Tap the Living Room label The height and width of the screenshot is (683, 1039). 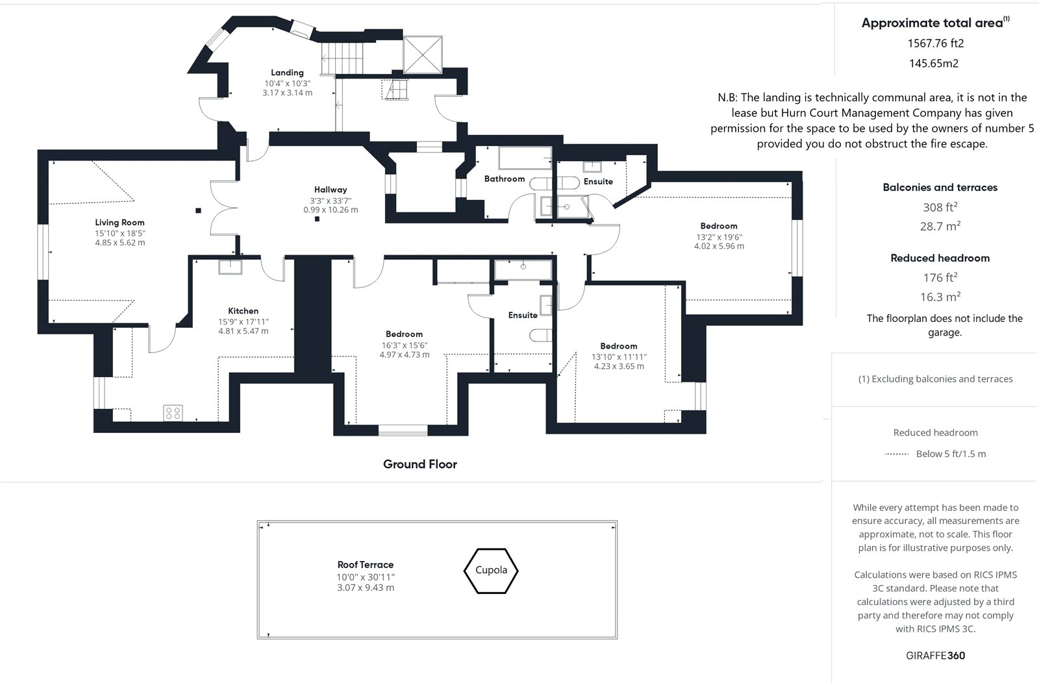click(x=119, y=223)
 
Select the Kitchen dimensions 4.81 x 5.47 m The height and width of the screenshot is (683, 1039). click(x=244, y=331)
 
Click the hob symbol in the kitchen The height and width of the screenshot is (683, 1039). click(x=173, y=413)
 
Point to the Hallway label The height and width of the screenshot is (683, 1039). click(x=331, y=190)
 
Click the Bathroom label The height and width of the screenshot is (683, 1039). click(x=505, y=179)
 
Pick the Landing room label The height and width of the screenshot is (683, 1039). click(x=287, y=73)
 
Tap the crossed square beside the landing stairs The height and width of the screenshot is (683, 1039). click(x=423, y=55)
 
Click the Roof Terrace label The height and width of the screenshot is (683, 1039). click(x=366, y=565)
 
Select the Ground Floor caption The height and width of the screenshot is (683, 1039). click(x=419, y=464)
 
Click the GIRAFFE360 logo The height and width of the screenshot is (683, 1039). click(x=935, y=656)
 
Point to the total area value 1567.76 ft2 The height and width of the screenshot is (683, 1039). click(x=936, y=43)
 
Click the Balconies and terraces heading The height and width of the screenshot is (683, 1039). click(x=940, y=188)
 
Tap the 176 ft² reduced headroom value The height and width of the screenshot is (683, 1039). click(x=940, y=277)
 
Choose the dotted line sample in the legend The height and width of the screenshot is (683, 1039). click(x=897, y=454)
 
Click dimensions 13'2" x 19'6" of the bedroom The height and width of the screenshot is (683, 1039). click(x=719, y=237)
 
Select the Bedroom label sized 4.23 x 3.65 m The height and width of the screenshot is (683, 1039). click(x=619, y=346)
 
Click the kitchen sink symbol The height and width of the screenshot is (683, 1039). click(x=230, y=267)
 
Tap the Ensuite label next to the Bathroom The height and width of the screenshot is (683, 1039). click(x=598, y=181)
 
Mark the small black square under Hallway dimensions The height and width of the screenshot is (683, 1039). click(x=318, y=219)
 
